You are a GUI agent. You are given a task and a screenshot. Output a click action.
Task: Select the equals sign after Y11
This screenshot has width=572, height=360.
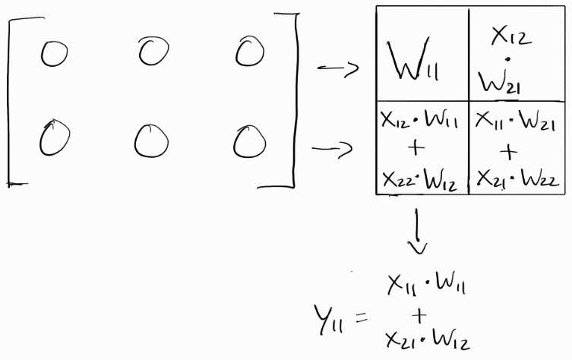point(366,314)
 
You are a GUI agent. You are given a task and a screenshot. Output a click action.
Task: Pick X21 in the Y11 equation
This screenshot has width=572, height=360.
point(403,339)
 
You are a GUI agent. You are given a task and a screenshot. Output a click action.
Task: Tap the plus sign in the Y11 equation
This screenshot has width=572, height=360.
point(419,312)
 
